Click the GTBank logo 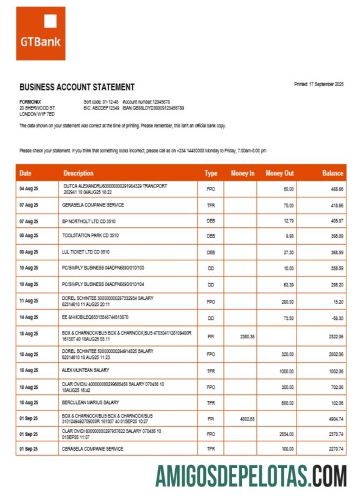tap(40, 33)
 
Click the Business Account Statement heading tap(77, 87)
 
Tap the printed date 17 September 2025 tap(319, 84)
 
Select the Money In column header tap(242, 173)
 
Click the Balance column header tap(332, 173)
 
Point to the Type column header tap(211, 173)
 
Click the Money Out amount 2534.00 tap(285, 434)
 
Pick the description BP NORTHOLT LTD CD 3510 tap(89, 221)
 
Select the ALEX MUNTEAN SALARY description tap(86, 370)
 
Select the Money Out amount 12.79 tap(288, 221)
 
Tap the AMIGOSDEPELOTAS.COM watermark tap(251, 476)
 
